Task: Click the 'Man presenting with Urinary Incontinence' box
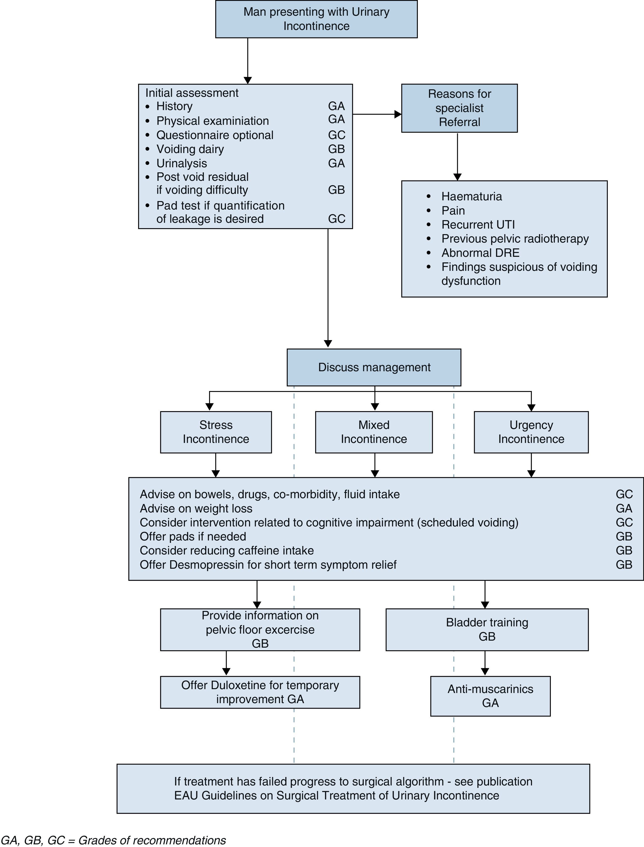(316, 19)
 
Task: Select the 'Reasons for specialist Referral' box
(459, 108)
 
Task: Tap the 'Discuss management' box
(374, 367)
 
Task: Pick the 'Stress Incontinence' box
(216, 432)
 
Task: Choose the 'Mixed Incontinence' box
(374, 432)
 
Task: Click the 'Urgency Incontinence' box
(531, 432)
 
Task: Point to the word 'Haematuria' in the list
(471, 196)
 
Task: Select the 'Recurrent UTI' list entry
(478, 224)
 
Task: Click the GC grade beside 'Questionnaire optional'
(336, 135)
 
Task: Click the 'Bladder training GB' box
(487, 629)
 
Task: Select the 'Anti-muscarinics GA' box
(490, 696)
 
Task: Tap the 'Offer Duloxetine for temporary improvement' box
(260, 692)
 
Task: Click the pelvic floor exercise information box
(260, 629)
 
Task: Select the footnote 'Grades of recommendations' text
(152, 840)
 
